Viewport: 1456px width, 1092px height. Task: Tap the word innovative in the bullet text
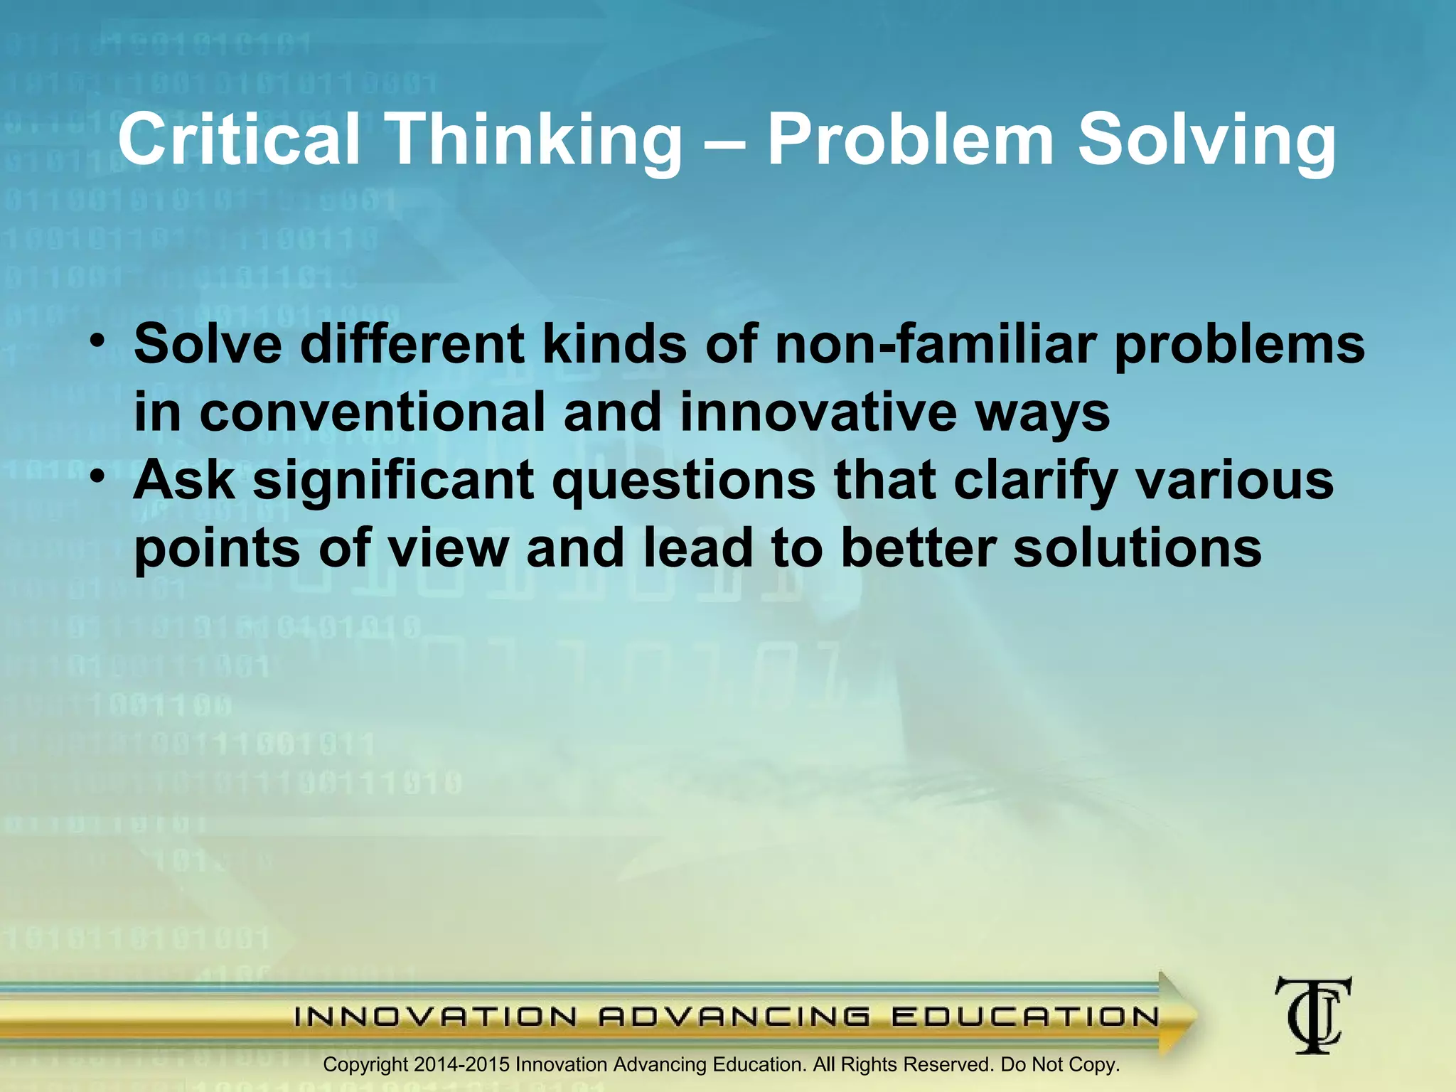click(x=818, y=412)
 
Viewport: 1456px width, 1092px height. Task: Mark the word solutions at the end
click(x=1137, y=549)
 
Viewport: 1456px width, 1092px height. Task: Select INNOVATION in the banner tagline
click(x=435, y=1017)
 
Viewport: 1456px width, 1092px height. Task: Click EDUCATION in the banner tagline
click(x=1026, y=1017)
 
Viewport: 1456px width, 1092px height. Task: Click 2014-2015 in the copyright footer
click(x=461, y=1065)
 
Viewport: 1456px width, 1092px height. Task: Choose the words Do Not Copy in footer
click(x=1059, y=1065)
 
